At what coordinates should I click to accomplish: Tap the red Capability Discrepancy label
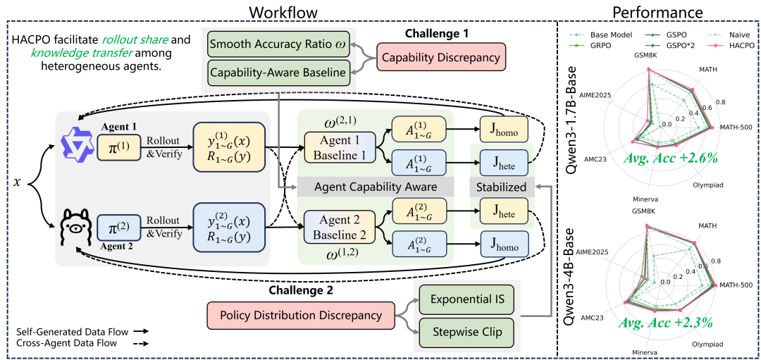441,58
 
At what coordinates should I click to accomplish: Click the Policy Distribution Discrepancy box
302,315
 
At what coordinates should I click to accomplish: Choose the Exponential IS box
466,300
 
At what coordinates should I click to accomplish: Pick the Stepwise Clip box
466,331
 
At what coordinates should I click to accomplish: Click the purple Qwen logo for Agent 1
75,146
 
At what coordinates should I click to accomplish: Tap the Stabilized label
501,187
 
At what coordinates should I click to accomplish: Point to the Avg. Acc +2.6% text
670,158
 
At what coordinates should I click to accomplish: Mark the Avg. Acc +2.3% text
666,323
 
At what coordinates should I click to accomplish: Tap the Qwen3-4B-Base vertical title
572,279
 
